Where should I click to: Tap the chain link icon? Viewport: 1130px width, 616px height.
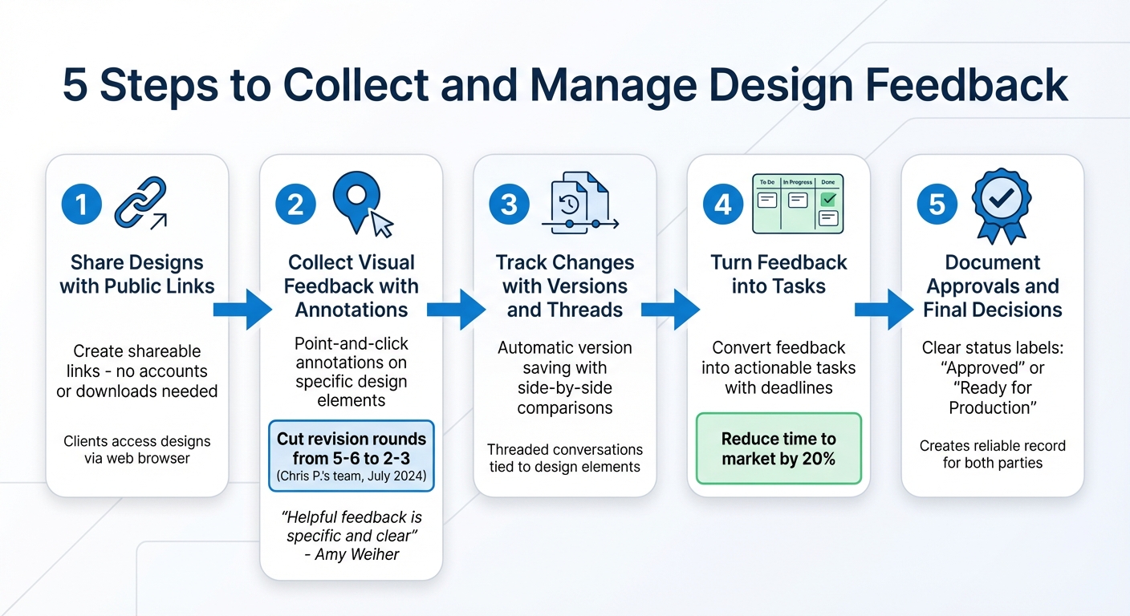click(x=140, y=202)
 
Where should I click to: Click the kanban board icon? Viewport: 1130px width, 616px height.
click(x=798, y=204)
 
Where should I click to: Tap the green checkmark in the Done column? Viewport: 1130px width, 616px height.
click(x=828, y=200)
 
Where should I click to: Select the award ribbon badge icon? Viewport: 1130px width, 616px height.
click(x=1001, y=205)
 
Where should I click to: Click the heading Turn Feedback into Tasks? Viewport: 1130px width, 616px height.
click(x=778, y=274)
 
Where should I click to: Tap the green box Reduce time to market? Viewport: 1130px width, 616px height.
click(x=778, y=449)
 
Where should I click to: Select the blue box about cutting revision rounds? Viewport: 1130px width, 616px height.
click(x=352, y=455)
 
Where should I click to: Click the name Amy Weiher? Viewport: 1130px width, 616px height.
click(x=358, y=554)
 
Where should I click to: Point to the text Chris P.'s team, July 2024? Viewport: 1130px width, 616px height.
click(x=352, y=476)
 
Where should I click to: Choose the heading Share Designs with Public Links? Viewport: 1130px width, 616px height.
click(x=137, y=274)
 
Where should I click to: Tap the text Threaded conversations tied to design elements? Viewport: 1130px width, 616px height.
click(x=565, y=458)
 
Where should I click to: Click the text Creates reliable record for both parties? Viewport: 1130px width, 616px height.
click(x=993, y=454)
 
